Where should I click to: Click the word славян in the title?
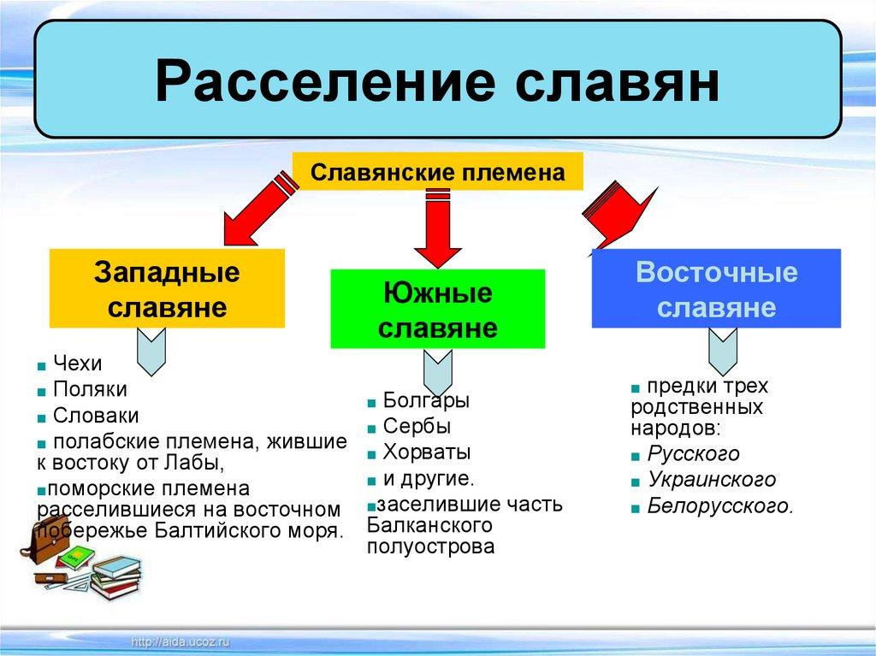[618, 83]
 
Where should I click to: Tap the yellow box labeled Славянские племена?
[438, 172]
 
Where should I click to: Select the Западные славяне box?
[167, 288]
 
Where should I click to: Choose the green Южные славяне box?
[438, 309]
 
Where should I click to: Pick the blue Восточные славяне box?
[716, 288]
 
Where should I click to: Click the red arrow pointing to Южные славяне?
[438, 228]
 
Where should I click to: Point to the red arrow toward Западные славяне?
[259, 209]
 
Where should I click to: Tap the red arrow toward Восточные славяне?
[619, 218]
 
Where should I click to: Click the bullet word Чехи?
[78, 363]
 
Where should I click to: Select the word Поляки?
[90, 389]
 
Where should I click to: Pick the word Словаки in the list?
[96, 415]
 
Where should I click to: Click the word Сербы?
[417, 426]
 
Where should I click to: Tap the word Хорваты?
[427, 452]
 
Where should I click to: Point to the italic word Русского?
[693, 453]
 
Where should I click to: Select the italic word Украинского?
[711, 480]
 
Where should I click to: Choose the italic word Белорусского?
[720, 505]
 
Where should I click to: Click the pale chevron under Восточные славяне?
[723, 352]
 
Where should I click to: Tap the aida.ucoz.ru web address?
[181, 642]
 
